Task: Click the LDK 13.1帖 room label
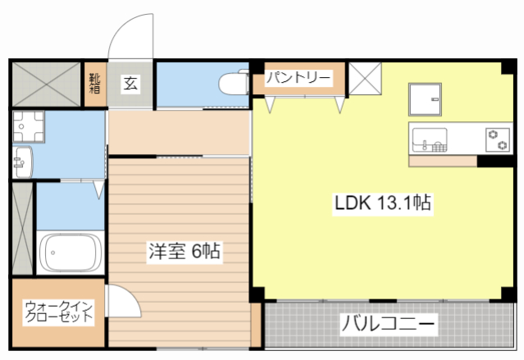(x=382, y=202)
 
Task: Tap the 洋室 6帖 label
(x=184, y=251)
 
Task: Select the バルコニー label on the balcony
(x=389, y=323)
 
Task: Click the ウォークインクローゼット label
(x=58, y=312)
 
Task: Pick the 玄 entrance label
(x=130, y=83)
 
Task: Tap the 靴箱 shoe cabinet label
(x=96, y=83)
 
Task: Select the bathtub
(x=70, y=253)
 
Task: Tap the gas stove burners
(x=497, y=139)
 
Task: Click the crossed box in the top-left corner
(x=45, y=83)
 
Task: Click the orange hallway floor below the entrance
(x=176, y=131)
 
